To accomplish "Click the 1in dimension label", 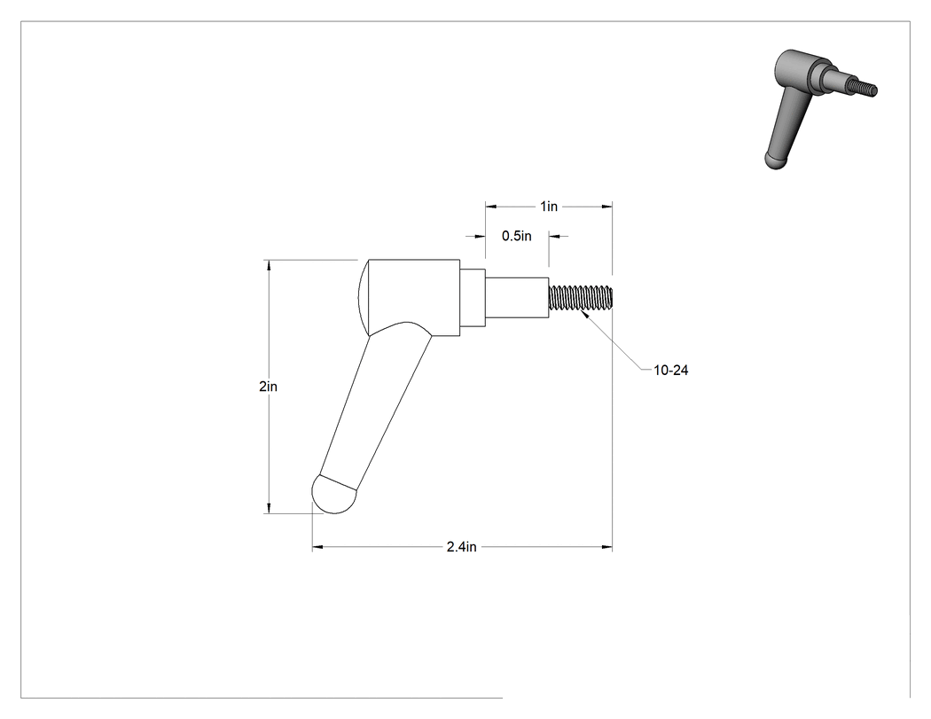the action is [549, 207].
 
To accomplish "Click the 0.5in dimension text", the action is [517, 237].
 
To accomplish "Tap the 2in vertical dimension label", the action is [269, 387].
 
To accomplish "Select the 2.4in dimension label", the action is [461, 547].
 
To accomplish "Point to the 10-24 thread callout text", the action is [671, 370].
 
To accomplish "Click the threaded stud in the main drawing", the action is [580, 297].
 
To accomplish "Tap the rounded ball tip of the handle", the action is [333, 496].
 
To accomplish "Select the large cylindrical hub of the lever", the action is [414, 298].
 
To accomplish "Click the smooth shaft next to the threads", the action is [517, 298].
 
